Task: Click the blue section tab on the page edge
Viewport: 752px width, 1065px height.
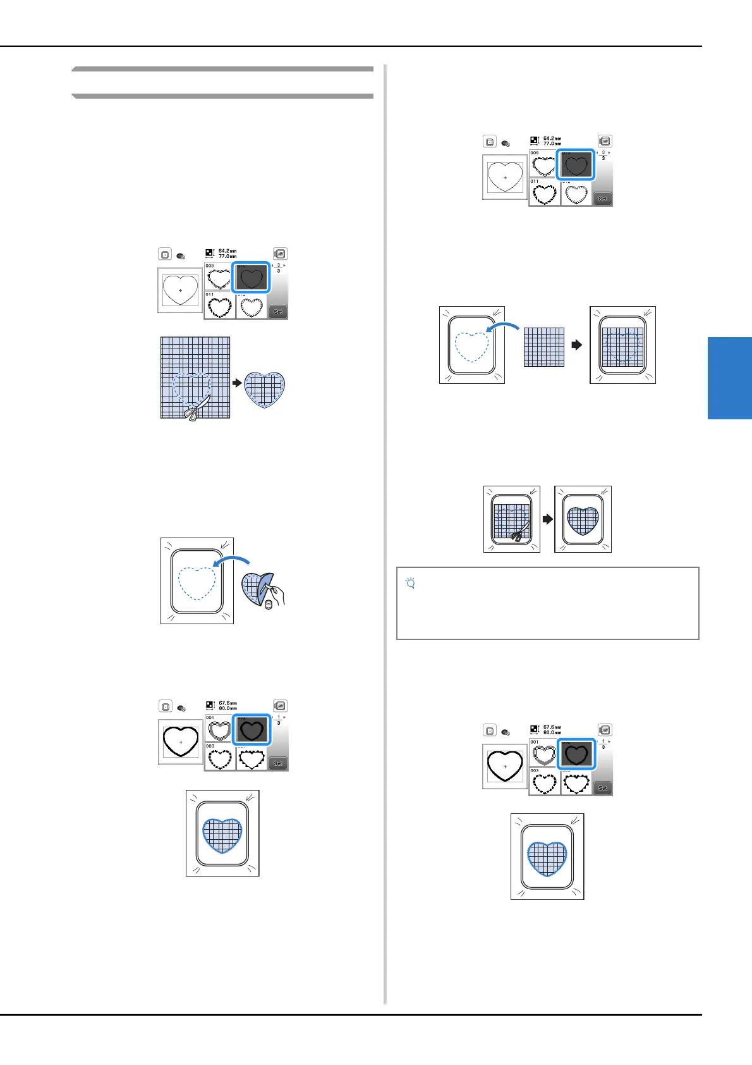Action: click(x=729, y=378)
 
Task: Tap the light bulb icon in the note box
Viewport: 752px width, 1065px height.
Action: click(x=410, y=584)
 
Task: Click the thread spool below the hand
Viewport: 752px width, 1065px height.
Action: click(x=268, y=605)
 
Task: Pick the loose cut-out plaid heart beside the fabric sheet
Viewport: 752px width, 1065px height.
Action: click(x=264, y=390)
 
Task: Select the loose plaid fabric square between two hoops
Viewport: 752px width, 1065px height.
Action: click(x=543, y=347)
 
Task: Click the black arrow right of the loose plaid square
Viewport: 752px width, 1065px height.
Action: click(x=576, y=345)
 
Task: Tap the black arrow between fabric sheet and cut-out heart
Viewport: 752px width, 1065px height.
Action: click(x=237, y=383)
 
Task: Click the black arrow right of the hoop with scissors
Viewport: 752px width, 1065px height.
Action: click(x=547, y=519)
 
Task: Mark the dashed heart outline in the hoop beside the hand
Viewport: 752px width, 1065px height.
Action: click(x=197, y=582)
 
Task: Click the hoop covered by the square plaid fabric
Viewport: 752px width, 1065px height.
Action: click(x=622, y=345)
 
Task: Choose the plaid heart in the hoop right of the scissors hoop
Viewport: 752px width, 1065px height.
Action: click(x=583, y=519)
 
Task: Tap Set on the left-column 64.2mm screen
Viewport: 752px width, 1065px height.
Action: click(x=278, y=312)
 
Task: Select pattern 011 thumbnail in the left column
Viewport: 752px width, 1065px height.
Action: click(x=219, y=306)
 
